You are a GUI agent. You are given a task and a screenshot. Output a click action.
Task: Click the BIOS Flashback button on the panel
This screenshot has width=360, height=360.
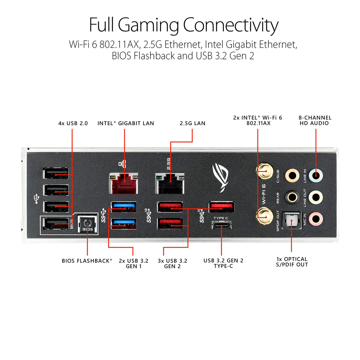point(87,224)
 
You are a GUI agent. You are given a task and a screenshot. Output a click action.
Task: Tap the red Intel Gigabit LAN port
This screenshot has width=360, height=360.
point(124,183)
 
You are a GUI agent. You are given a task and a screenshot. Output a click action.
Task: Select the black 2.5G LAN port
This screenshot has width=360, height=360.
point(170,183)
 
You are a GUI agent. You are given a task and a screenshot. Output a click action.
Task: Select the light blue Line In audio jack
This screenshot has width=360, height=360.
point(316,175)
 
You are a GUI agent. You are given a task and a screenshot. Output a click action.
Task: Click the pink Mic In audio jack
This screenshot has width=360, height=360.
point(316,219)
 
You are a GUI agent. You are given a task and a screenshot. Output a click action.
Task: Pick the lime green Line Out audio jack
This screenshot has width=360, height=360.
point(316,197)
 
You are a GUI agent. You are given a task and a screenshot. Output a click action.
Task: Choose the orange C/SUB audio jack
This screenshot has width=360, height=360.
point(292,175)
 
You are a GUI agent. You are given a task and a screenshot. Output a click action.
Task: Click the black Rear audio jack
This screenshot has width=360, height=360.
point(292,197)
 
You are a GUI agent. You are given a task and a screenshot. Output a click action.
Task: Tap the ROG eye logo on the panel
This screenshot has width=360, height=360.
point(221,178)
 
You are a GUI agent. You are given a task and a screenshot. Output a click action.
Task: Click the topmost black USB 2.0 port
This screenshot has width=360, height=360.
point(56,173)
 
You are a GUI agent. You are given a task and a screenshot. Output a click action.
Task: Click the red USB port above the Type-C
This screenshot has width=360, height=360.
point(222,207)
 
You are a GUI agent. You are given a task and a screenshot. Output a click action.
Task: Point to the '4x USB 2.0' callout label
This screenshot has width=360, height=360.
point(73,123)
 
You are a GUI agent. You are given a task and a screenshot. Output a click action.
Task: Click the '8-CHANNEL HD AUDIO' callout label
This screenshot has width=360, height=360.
point(315,120)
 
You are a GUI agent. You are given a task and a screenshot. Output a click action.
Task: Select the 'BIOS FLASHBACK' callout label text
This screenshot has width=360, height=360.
point(86,261)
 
